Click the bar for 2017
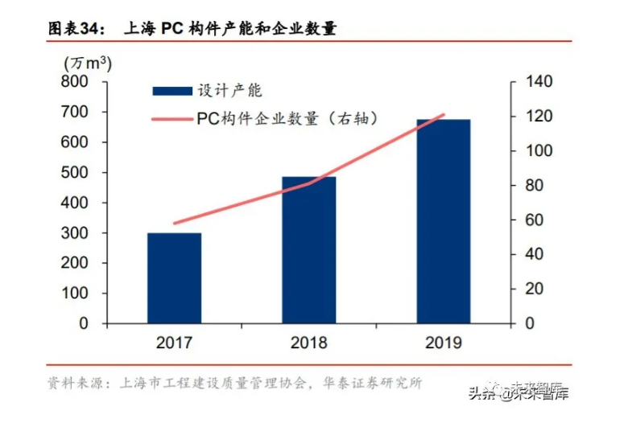click(174, 277)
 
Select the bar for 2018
click(308, 249)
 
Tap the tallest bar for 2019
click(443, 221)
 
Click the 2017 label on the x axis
click(174, 343)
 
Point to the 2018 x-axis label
click(308, 343)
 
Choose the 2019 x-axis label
click(443, 343)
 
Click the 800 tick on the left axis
click(81, 82)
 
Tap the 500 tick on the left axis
click(81, 173)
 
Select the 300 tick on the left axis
click(81, 233)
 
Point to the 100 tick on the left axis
click(81, 294)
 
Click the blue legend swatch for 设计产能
click(172, 91)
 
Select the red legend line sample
click(172, 120)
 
